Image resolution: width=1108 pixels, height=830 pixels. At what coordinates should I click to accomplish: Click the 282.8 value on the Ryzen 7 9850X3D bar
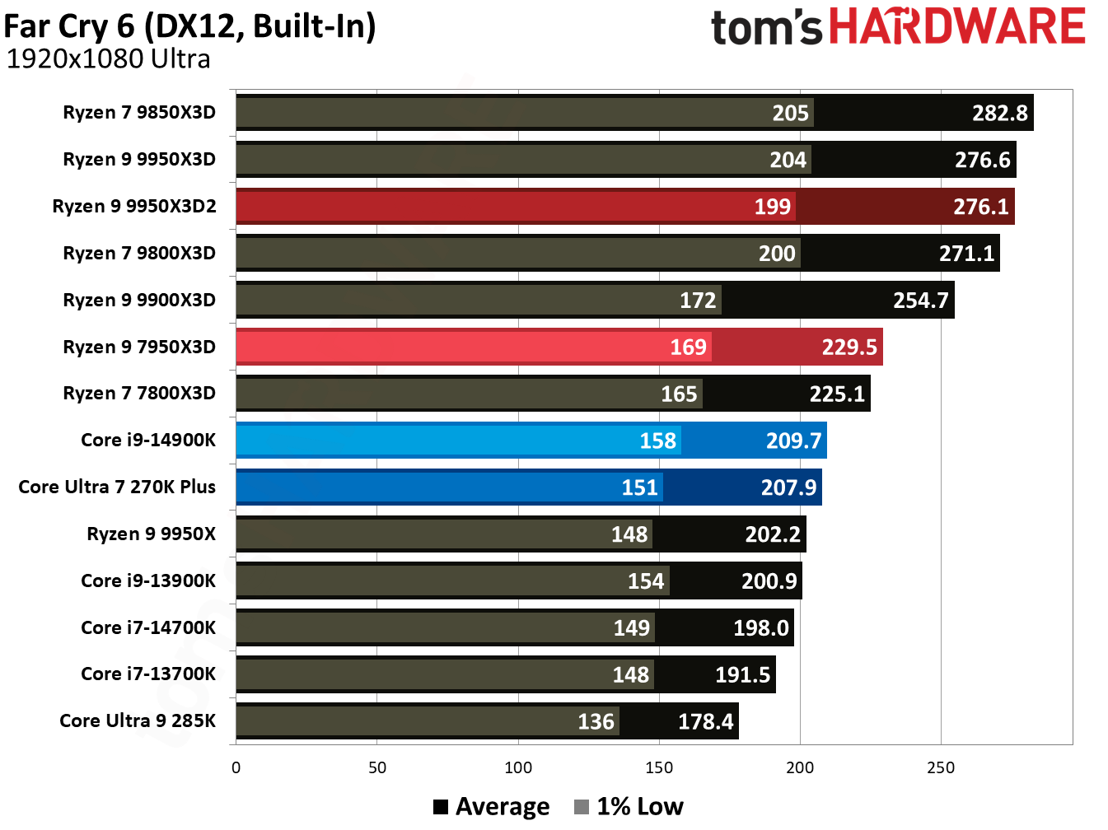pos(999,113)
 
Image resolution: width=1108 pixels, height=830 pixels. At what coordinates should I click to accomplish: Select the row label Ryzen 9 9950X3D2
pos(134,206)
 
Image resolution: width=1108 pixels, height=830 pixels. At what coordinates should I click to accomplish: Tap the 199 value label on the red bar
pos(772,207)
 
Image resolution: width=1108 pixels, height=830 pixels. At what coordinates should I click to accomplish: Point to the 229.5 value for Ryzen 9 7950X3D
pos(849,347)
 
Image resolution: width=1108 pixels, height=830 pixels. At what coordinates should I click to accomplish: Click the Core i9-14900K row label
pos(148,440)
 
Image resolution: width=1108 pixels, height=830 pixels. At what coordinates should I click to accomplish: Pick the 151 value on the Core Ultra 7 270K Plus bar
pos(639,487)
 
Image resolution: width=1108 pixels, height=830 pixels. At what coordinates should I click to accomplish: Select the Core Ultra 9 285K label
pos(138,720)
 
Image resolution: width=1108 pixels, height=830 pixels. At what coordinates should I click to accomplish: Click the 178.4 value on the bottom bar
pos(705,722)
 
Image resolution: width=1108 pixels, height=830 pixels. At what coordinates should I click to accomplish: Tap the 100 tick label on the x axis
pos(518,768)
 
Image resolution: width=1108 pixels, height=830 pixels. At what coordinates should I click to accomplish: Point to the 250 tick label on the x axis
pos(941,768)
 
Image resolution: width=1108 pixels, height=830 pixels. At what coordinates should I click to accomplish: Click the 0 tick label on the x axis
pos(236,768)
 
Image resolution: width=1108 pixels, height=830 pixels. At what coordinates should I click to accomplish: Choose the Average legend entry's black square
pos(441,807)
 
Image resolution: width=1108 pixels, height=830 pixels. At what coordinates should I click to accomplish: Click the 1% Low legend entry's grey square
pos(582,807)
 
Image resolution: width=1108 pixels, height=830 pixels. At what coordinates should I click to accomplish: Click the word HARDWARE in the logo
pos(956,26)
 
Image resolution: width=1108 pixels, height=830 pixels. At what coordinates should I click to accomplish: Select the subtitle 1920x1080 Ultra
pos(108,59)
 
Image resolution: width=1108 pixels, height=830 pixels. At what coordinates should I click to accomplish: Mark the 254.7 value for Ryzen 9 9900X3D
pos(920,301)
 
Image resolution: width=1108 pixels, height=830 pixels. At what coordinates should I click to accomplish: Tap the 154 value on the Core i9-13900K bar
pos(645,581)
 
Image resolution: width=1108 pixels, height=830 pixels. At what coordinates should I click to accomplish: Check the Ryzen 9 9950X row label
pos(151,534)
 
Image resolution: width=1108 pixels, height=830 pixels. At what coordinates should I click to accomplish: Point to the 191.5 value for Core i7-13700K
pos(742,675)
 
